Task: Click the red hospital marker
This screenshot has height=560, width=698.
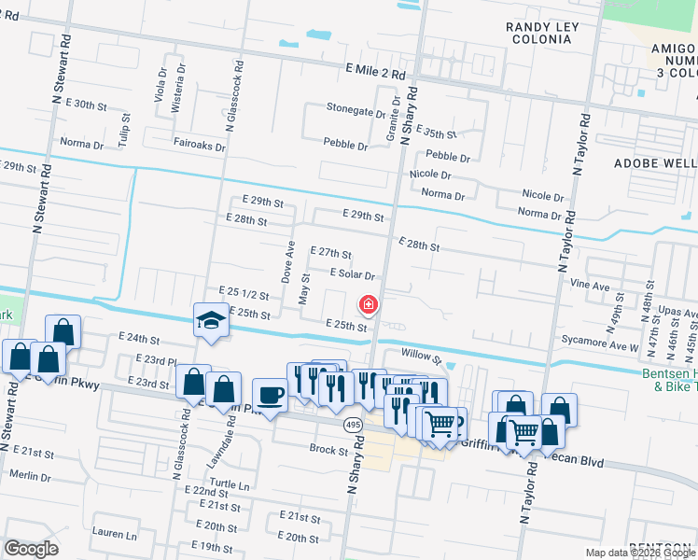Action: pos(369,304)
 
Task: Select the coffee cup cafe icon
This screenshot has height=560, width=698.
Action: pos(270,396)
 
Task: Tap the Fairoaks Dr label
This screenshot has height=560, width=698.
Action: pos(200,147)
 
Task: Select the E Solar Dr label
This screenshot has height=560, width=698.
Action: pos(352,274)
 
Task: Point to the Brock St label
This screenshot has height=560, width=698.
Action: pos(328,449)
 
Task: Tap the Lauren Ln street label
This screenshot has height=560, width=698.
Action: pos(115,536)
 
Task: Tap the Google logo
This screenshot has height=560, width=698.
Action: pos(31,548)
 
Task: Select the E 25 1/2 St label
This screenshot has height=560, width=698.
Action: pos(244,292)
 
